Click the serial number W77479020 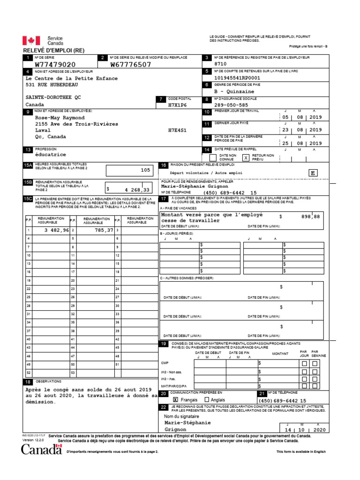[55, 65]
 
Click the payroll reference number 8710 [220, 64]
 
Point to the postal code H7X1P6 [177, 105]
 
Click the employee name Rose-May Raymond [60, 117]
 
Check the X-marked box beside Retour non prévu [245, 158]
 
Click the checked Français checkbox [176, 400]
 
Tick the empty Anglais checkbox [207, 400]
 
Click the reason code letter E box [312, 173]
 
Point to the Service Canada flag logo [31, 41]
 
